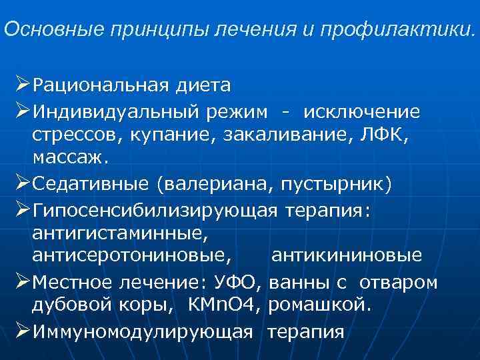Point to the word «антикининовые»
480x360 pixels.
[347, 257]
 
